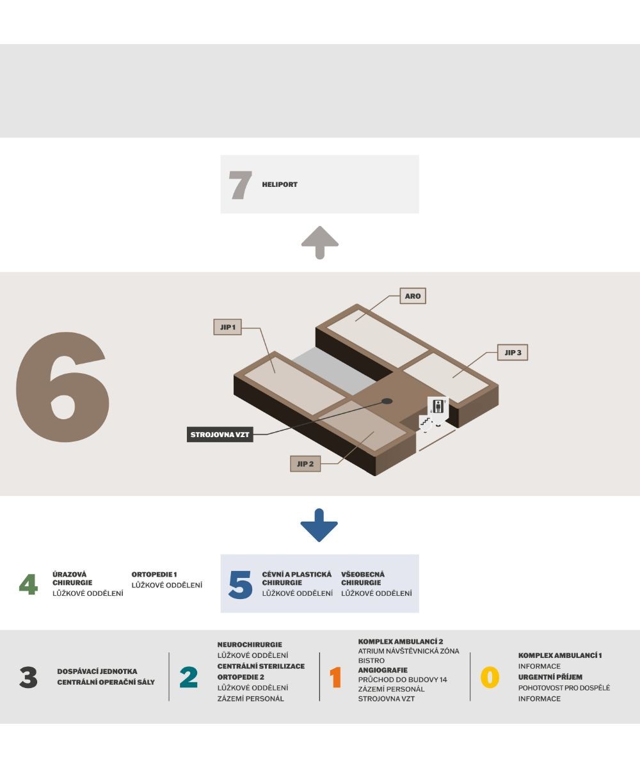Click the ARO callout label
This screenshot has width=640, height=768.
(413, 296)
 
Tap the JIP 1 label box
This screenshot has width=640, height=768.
(227, 326)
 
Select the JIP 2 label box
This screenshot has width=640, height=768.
(305, 463)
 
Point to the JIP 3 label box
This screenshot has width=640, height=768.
(513, 353)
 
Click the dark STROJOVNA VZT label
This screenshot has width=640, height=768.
(220, 435)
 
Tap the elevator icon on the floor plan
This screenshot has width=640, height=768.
(438, 408)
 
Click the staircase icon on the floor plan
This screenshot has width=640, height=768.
(426, 422)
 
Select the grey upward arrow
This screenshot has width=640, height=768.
(319, 243)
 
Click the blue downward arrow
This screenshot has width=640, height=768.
(319, 525)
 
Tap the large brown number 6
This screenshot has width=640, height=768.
(63, 387)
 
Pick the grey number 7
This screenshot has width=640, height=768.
(240, 185)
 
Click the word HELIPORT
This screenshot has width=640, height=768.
(280, 184)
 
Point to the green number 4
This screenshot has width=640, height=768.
(28, 584)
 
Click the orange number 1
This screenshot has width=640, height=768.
(335, 677)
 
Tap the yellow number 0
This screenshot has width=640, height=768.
(490, 677)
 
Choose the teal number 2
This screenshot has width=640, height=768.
(189, 677)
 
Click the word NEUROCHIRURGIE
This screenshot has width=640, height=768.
(250, 644)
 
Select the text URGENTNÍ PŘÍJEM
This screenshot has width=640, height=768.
(550, 676)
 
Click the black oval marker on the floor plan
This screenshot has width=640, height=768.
(387, 401)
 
